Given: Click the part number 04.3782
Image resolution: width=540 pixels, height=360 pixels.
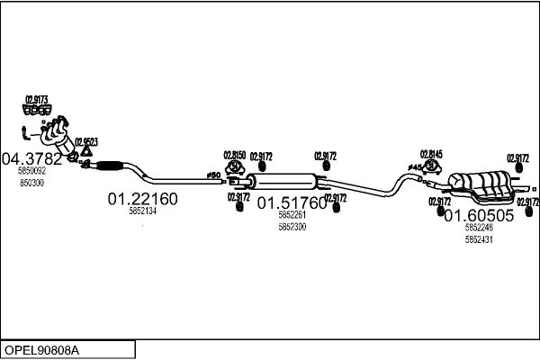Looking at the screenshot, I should pos(32,159).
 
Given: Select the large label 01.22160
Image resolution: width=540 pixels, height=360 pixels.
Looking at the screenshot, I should pos(143,199).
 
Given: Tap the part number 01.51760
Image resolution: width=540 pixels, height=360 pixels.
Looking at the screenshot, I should pos(292,203).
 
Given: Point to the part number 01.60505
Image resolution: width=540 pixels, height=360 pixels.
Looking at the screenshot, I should pos(479,216).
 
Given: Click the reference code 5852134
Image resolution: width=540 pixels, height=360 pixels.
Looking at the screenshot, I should pos(142,211).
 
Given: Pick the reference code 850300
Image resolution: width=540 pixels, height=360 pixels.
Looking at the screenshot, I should pos(31,183).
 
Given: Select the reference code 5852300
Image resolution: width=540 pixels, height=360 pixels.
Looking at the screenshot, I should pos(292,227).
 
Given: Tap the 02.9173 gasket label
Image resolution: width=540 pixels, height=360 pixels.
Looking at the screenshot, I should pos(36,99).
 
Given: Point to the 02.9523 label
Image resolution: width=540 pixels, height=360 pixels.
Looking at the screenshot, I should pos(86,141).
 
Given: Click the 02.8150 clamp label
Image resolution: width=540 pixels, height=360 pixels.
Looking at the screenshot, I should pos(234,155).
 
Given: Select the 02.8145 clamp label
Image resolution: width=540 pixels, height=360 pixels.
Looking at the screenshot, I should pos(432,154).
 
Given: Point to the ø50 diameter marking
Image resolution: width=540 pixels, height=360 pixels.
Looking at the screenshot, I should pos(213,175).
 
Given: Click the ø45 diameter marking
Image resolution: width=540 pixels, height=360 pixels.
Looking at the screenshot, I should pos(414,168).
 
